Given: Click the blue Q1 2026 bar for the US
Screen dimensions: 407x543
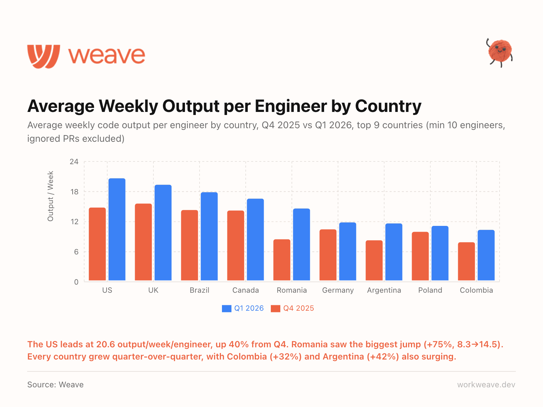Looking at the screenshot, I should [117, 230].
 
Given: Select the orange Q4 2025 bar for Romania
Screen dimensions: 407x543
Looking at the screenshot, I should [282, 260].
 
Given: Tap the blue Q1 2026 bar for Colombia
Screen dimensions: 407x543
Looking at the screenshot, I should [486, 255].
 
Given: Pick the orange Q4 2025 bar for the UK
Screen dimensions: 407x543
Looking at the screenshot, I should [143, 242].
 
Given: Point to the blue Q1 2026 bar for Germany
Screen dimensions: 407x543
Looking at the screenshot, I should [348, 252].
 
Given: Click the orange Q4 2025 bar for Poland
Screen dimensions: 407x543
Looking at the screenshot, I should [420, 256].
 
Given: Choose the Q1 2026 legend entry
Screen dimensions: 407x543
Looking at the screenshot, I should [243, 308].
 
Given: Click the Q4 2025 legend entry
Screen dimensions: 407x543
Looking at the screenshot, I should [293, 308].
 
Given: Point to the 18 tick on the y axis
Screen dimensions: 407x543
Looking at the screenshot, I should [74, 192].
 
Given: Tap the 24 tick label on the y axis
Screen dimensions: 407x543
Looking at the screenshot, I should [74, 162].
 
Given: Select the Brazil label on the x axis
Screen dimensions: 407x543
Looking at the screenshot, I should [200, 290].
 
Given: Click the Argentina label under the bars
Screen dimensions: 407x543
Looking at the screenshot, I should [384, 290].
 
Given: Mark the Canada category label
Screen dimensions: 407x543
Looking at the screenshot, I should [246, 290].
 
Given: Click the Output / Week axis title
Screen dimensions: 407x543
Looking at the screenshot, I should [51, 196].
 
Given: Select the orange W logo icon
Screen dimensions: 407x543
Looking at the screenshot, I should [43, 56].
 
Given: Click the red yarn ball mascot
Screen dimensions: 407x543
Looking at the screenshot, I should [500, 52].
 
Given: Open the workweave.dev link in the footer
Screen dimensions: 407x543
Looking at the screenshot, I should [486, 385].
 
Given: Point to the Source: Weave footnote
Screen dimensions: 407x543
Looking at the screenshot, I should [55, 385].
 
